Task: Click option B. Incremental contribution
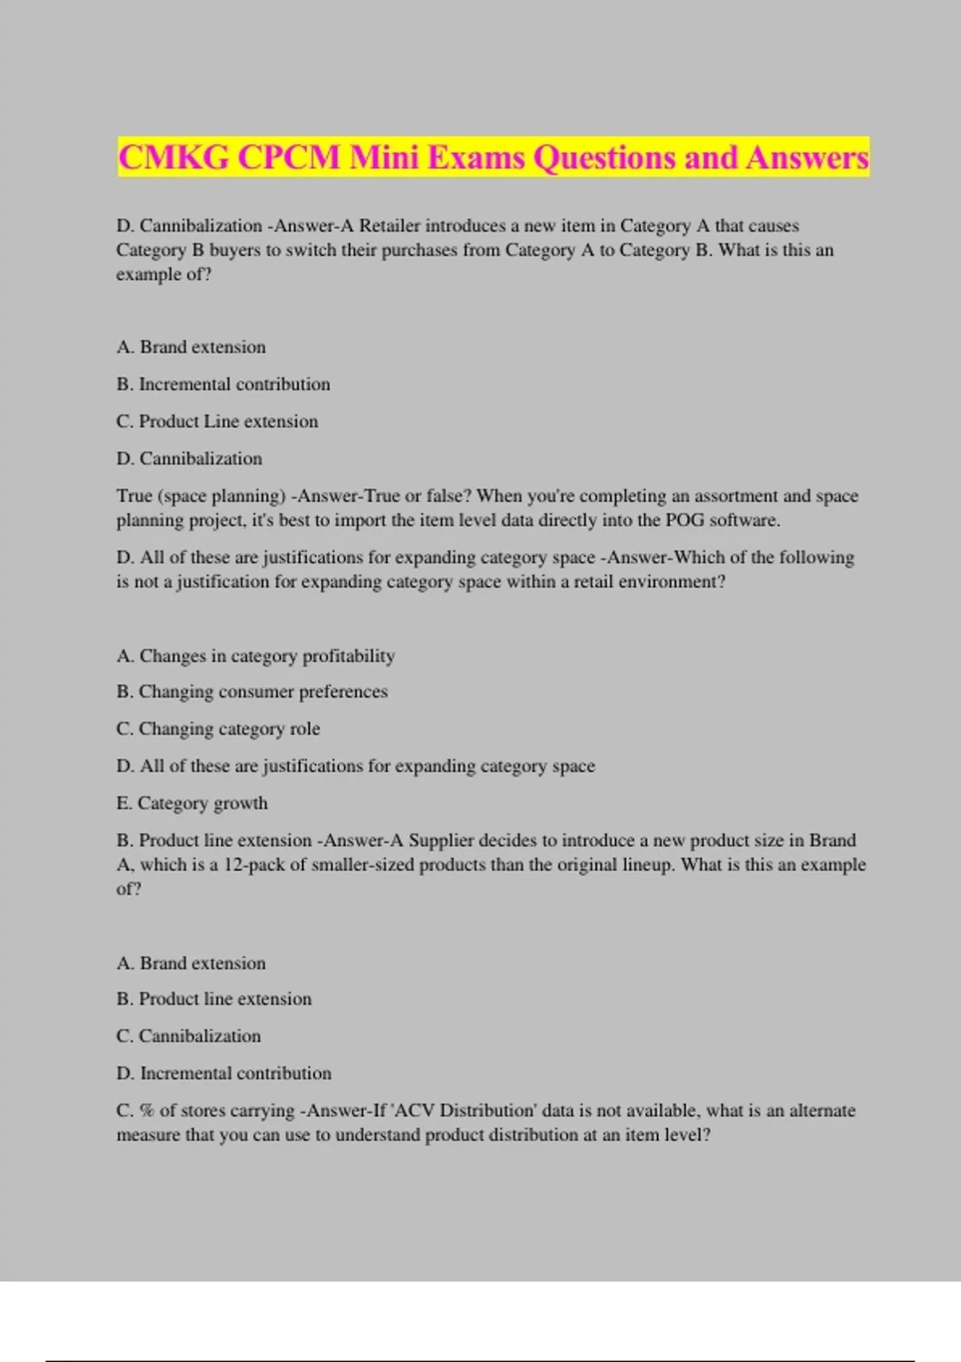[x=223, y=385]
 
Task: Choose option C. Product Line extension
[x=217, y=421]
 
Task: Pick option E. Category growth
[x=192, y=804]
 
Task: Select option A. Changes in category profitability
[x=255, y=656]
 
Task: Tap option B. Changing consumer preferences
[x=251, y=691]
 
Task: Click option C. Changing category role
[x=218, y=729]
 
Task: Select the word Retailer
[x=389, y=226]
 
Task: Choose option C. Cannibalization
[x=188, y=1037]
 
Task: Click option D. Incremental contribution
[x=223, y=1074]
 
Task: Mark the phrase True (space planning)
[x=201, y=496]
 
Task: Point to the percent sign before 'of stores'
[x=147, y=1111]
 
